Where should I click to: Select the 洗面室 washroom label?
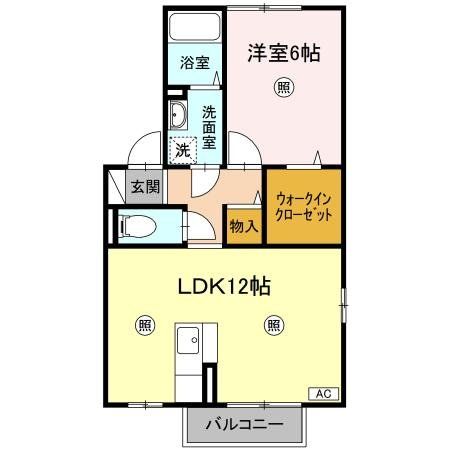click(x=209, y=127)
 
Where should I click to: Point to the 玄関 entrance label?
click(x=145, y=187)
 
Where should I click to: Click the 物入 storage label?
click(x=244, y=226)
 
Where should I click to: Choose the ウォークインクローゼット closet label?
click(x=303, y=207)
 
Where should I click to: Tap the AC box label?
click(x=323, y=393)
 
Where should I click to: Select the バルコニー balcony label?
click(x=243, y=426)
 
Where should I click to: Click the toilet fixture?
click(x=136, y=227)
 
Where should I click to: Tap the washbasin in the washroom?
click(x=178, y=114)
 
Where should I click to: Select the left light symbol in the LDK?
click(x=145, y=324)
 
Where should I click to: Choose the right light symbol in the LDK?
click(x=273, y=324)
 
